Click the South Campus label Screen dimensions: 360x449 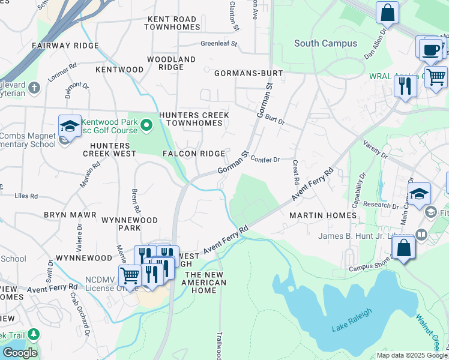325,43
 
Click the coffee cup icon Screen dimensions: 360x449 430,50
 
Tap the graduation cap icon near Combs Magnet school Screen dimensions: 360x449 70,126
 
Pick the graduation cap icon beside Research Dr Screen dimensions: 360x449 419,194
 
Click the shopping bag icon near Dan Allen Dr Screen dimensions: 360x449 388,13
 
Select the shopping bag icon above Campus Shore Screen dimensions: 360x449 405,248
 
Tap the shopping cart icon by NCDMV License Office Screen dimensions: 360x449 130,276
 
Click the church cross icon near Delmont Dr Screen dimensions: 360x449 34,88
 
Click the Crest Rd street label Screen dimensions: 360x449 295,172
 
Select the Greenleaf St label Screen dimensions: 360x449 219,44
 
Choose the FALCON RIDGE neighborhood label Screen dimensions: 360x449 194,154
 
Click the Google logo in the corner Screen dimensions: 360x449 19,352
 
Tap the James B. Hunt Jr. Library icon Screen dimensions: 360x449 422,235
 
